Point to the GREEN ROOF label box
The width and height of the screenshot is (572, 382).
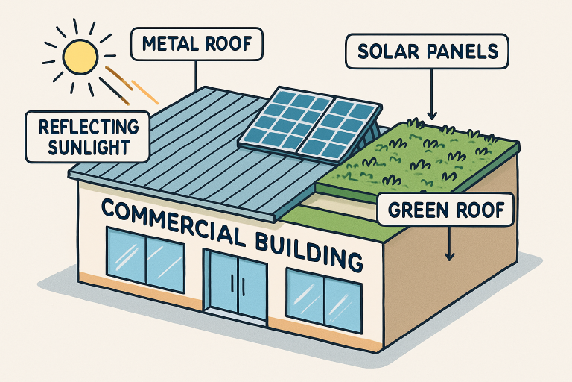click(x=445, y=212)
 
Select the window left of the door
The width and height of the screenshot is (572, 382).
click(x=146, y=257)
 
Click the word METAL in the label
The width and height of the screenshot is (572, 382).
click(x=169, y=44)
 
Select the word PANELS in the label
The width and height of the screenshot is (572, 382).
click(x=464, y=53)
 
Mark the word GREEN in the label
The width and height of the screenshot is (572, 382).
click(x=419, y=212)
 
